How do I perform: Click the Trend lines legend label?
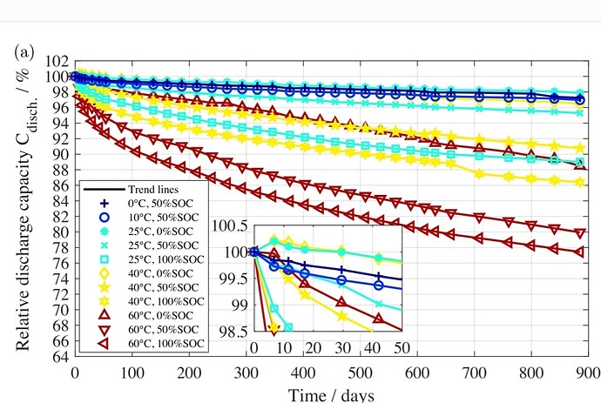(153, 189)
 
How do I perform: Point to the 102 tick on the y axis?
(57, 61)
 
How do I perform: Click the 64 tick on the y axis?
(62, 356)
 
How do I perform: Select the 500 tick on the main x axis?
(361, 373)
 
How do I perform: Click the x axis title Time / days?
(331, 394)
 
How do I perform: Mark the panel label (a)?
(24, 51)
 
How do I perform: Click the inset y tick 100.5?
(230, 226)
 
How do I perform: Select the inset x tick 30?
(342, 348)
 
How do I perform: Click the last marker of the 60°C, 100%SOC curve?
(579, 252)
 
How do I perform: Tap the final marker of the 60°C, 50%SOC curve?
(580, 233)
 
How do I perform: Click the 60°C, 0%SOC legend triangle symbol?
(105, 315)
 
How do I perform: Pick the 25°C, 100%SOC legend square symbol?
(105, 259)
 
